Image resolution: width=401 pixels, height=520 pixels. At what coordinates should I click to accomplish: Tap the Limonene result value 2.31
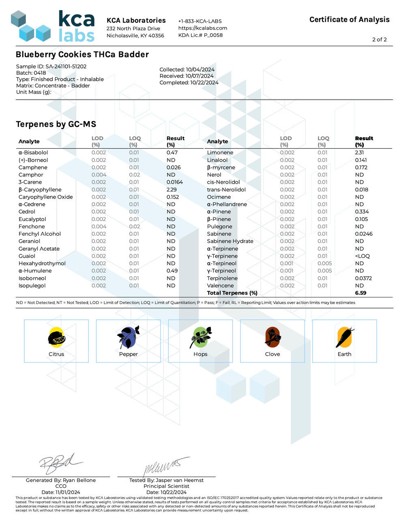coord(359,153)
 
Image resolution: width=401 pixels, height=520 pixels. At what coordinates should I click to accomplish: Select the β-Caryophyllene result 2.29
coord(172,190)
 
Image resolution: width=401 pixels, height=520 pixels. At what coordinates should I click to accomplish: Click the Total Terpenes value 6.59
coord(360,293)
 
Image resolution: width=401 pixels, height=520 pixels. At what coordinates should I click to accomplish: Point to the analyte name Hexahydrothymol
coord(42,263)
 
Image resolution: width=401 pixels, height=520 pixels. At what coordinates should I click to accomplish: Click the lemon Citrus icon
coord(56,337)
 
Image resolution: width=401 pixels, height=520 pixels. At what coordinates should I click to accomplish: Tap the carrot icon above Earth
coord(344,337)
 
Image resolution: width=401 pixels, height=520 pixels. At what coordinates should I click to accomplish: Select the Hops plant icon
coord(200,337)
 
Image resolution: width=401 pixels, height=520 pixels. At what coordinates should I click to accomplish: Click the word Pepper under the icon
coord(128,354)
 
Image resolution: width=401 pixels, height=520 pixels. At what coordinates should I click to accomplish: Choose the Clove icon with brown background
coord(272,337)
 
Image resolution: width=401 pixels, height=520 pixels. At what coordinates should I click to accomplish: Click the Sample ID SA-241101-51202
coord(66,67)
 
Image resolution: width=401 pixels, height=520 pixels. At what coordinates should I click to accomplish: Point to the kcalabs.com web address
coord(203,28)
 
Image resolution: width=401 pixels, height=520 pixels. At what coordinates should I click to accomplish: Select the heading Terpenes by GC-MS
coord(56,124)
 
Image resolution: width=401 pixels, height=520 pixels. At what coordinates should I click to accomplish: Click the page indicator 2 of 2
coord(380,39)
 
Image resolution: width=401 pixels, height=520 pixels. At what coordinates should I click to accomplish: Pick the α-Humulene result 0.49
coord(172,271)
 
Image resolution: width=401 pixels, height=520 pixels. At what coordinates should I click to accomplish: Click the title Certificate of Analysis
coord(349,19)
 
